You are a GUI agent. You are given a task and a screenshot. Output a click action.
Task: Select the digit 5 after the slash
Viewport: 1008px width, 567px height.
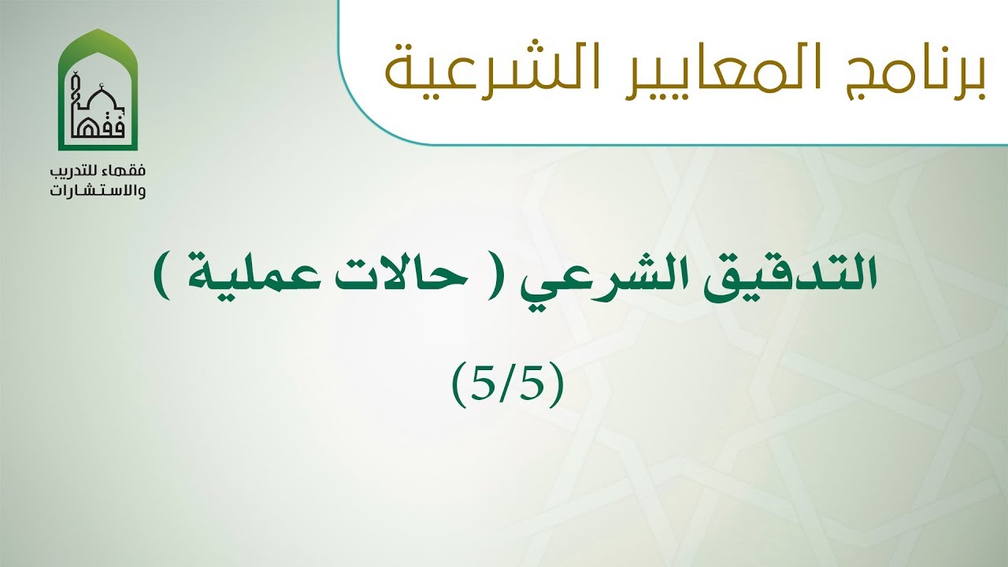click(x=536, y=384)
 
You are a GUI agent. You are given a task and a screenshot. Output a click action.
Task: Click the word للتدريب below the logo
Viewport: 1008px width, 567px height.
click(x=82, y=172)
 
